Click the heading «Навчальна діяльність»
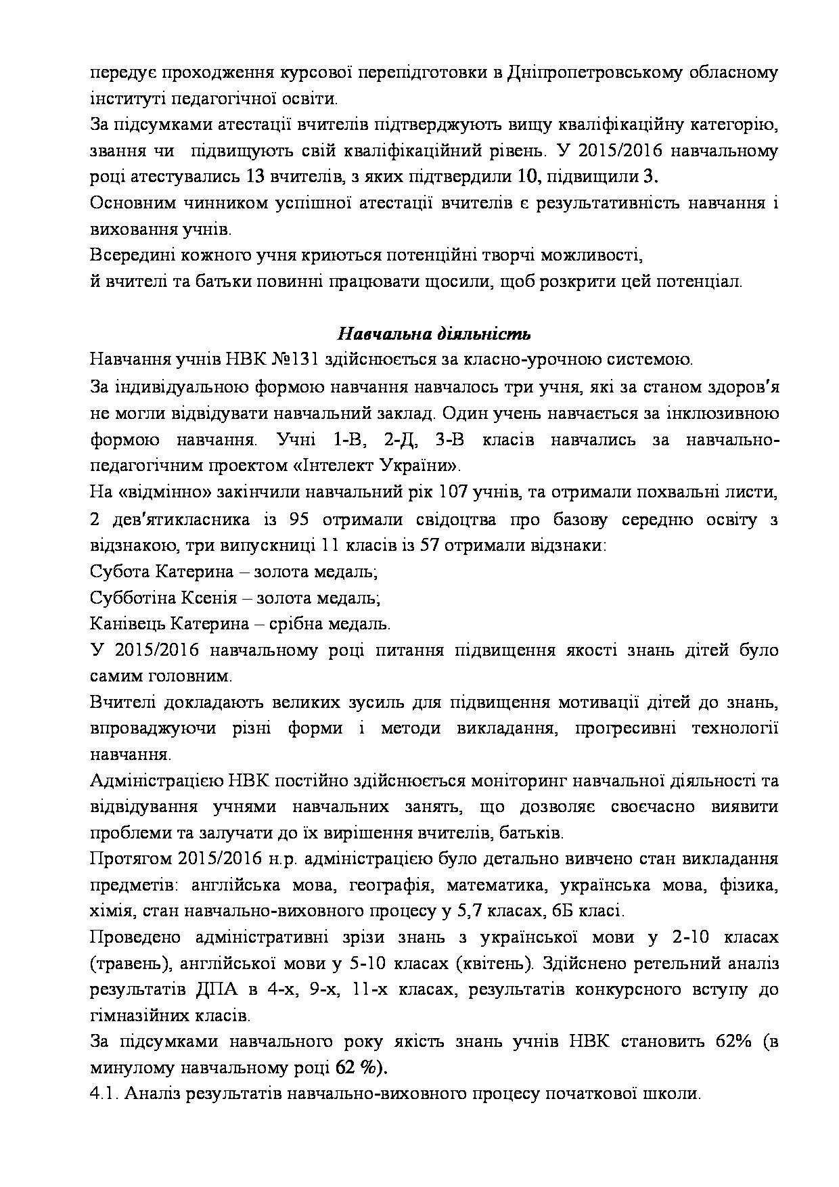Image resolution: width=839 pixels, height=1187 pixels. click(x=434, y=334)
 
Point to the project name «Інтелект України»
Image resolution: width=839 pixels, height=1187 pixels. click(x=386, y=466)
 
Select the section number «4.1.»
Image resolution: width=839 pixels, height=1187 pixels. click(x=104, y=1094)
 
